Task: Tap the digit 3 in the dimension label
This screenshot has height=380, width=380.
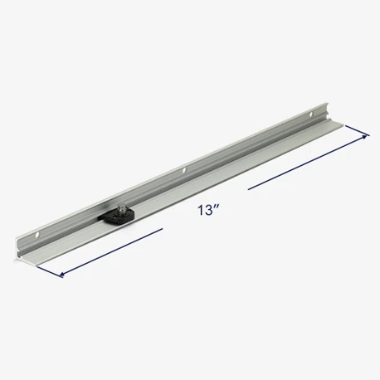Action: pos(207,210)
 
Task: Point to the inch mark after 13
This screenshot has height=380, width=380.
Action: pos(217,207)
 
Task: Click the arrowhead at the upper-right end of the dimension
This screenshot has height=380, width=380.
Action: pos(367,136)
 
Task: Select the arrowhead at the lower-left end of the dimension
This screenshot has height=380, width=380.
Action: pos(62,275)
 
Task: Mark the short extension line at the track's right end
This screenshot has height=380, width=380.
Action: pos(357,131)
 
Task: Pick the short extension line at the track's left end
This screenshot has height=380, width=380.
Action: pos(49,272)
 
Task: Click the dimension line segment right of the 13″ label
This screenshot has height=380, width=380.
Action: pos(309,163)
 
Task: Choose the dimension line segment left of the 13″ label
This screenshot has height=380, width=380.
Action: pos(111,252)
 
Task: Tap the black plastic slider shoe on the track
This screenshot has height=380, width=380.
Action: pos(116,216)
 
